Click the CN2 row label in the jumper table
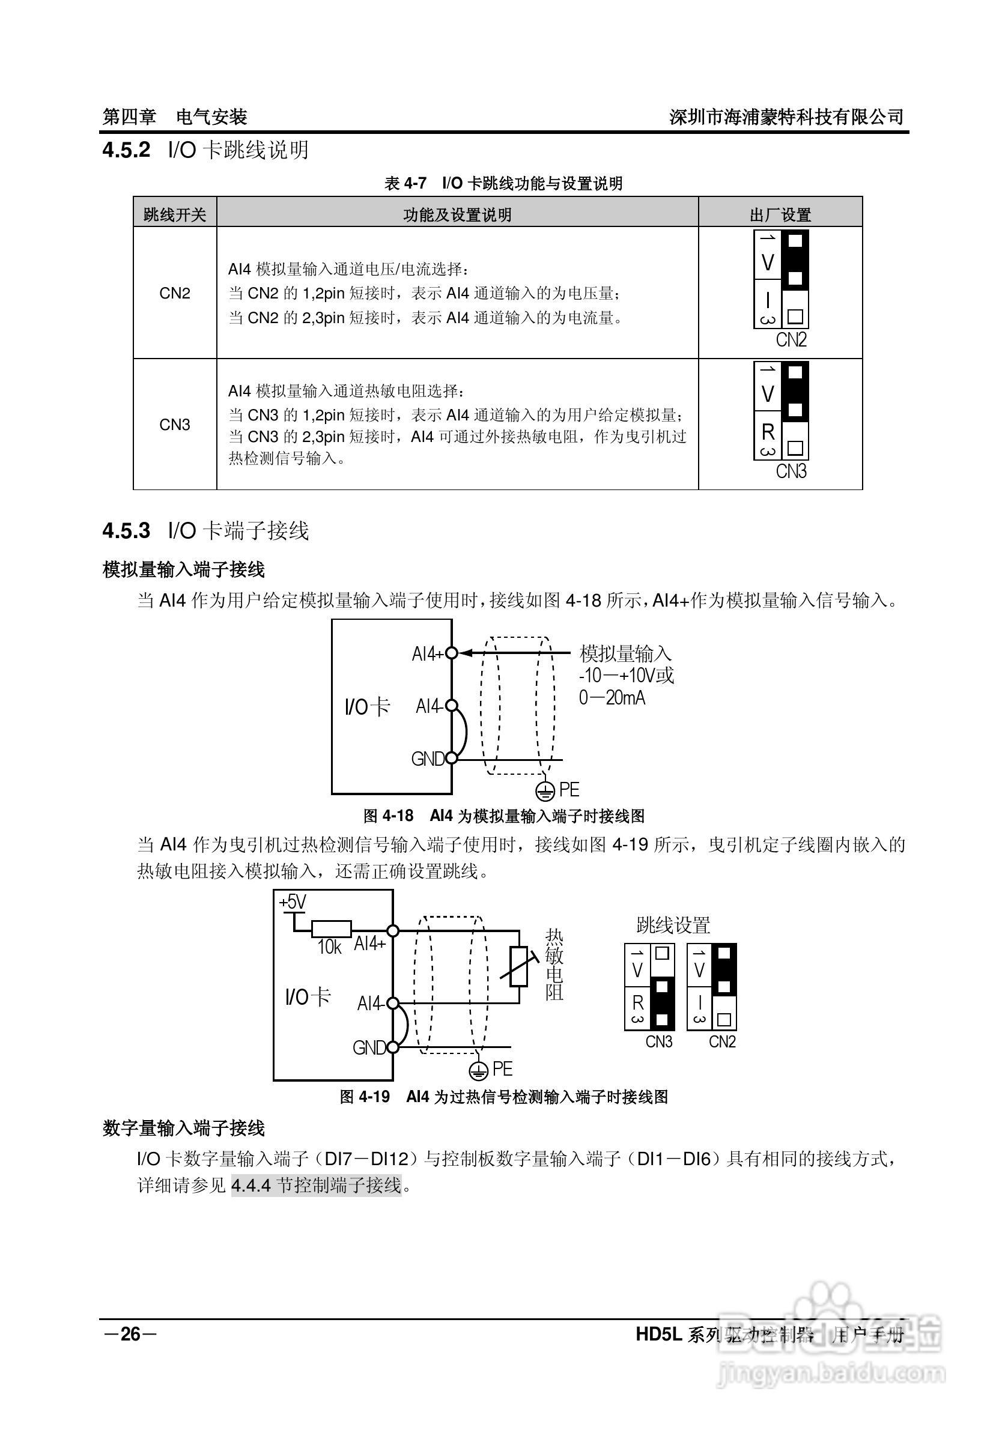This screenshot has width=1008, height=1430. point(174,293)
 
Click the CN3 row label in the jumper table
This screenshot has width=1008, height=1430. point(174,425)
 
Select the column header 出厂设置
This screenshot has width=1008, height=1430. point(780,215)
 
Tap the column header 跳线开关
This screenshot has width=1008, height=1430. point(174,215)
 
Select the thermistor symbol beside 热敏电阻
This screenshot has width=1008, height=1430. point(518,966)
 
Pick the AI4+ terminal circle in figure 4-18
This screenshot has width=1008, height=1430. point(452,653)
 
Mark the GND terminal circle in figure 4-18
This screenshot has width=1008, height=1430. point(452,759)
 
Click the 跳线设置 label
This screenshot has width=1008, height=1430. point(673,926)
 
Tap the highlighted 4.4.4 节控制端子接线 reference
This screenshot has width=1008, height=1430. point(317,1184)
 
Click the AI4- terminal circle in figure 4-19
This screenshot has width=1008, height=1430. point(392,1004)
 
